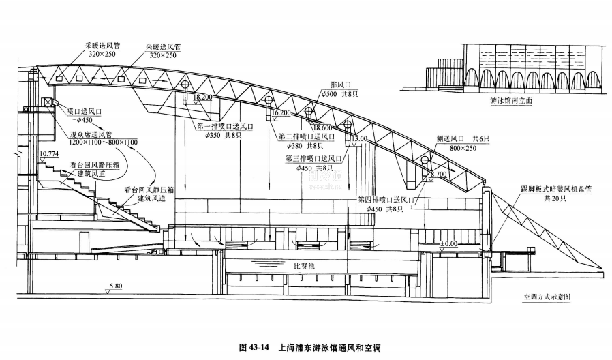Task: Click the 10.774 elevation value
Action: tap(50, 155)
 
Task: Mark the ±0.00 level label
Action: tap(448, 243)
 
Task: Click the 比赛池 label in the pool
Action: tap(301, 266)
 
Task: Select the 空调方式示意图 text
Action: tap(547, 297)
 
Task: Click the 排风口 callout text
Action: tap(340, 85)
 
